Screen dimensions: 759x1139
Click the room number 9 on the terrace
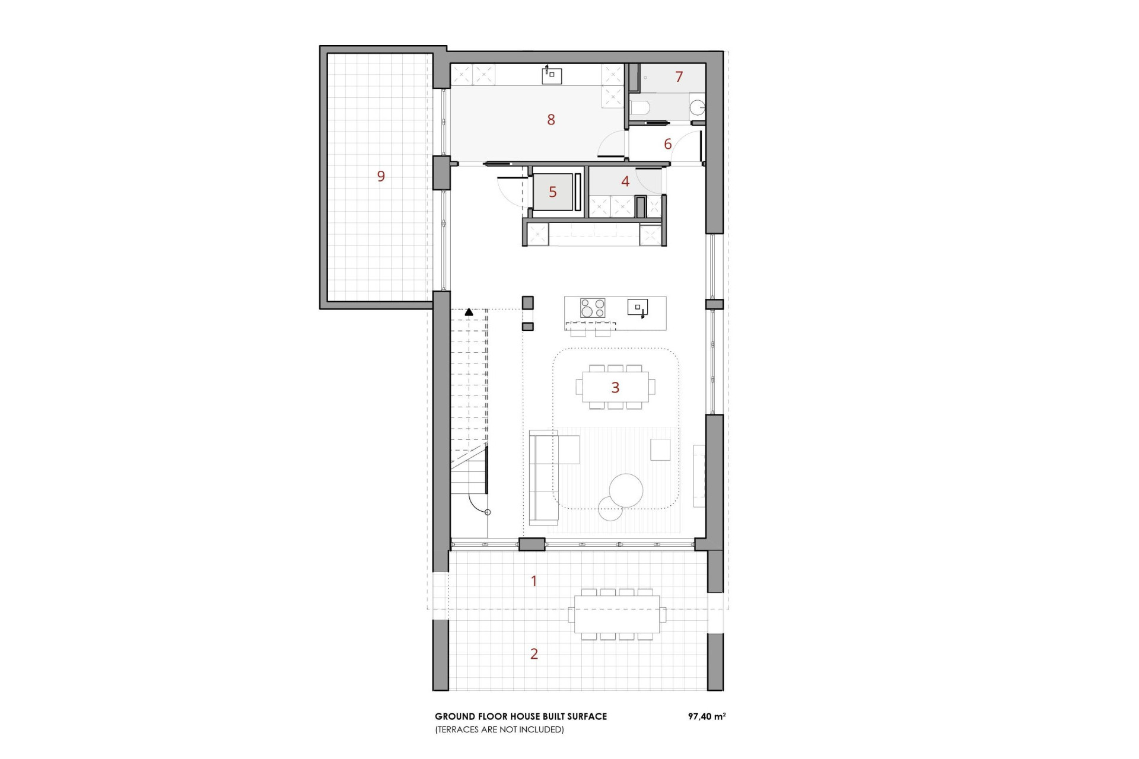(381, 176)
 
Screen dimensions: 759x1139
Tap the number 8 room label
(551, 120)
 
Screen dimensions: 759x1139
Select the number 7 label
(679, 76)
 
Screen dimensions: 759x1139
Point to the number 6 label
(668, 144)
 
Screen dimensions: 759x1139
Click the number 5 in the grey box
(553, 192)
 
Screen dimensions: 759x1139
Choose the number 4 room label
(625, 181)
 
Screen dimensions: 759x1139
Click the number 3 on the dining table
(615, 387)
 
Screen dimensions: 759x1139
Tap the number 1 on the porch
(534, 581)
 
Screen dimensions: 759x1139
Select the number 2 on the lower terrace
(534, 654)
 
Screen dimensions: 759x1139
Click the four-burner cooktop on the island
(592, 308)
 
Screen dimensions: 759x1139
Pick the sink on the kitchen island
(638, 307)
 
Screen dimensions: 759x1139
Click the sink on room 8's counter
(552, 75)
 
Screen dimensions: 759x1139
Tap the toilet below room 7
(640, 108)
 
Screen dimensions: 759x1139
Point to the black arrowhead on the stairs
(469, 311)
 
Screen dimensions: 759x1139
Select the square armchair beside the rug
(660, 449)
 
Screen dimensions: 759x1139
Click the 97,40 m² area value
(707, 716)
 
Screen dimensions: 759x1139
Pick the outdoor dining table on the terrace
(617, 614)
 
